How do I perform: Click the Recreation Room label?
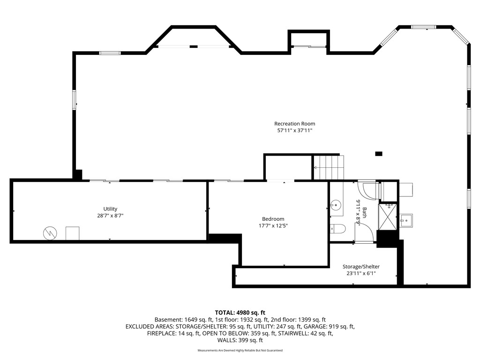[x=294, y=124]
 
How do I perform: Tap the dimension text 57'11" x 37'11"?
[x=294, y=131]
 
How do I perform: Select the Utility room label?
[x=110, y=209]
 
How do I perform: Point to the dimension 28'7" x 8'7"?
[x=110, y=216]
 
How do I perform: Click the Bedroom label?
[x=273, y=219]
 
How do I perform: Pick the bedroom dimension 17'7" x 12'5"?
[x=273, y=226]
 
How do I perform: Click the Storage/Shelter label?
[x=361, y=267]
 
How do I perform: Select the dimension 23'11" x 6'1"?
[x=361, y=273]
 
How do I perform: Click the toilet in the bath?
[x=337, y=228]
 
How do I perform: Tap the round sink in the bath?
[x=336, y=204]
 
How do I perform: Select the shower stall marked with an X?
[x=388, y=217]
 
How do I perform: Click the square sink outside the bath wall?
[x=406, y=220]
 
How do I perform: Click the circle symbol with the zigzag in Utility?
[x=50, y=233]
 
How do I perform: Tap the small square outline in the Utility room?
[x=73, y=233]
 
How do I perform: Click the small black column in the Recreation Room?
[x=379, y=154]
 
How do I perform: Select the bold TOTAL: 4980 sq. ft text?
[x=240, y=313]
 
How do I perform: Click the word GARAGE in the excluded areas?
[x=317, y=327]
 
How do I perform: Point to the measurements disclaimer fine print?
[x=240, y=350]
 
